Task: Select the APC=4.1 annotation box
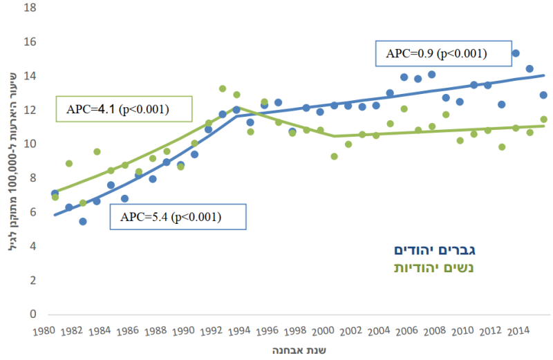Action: click(x=117, y=109)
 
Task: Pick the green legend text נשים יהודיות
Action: click(x=437, y=267)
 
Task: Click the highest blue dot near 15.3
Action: click(x=516, y=53)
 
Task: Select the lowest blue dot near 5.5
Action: click(x=83, y=222)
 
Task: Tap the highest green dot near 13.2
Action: click(x=223, y=88)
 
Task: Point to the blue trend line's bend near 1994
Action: click(x=237, y=115)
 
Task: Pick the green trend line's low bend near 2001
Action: click(x=335, y=136)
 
